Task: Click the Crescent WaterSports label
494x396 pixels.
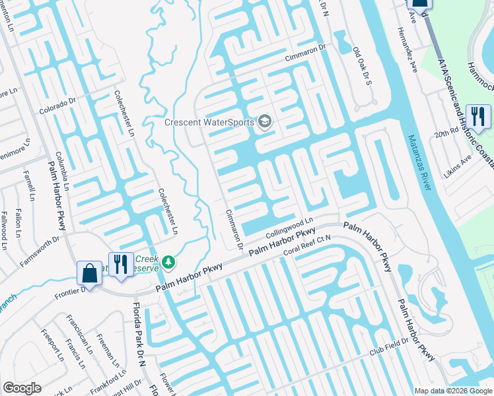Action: (210, 122)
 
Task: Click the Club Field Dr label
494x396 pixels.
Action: (386, 349)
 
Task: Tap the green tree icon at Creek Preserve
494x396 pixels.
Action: (169, 263)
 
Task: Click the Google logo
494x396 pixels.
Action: (22, 388)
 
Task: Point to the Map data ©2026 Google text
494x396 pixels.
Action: (452, 391)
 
